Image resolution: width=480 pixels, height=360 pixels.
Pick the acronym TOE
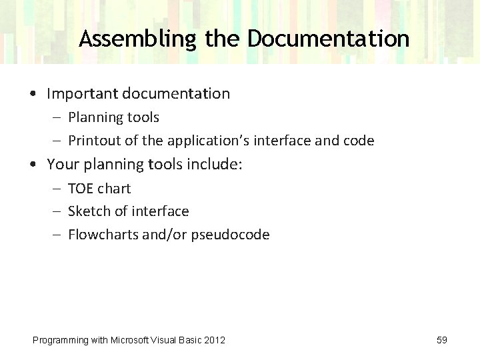coord(80,189)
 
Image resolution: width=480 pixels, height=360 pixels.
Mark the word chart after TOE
coord(114,189)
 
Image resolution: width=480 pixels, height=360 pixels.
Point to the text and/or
coord(167,235)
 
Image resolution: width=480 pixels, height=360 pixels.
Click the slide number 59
coord(442,340)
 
